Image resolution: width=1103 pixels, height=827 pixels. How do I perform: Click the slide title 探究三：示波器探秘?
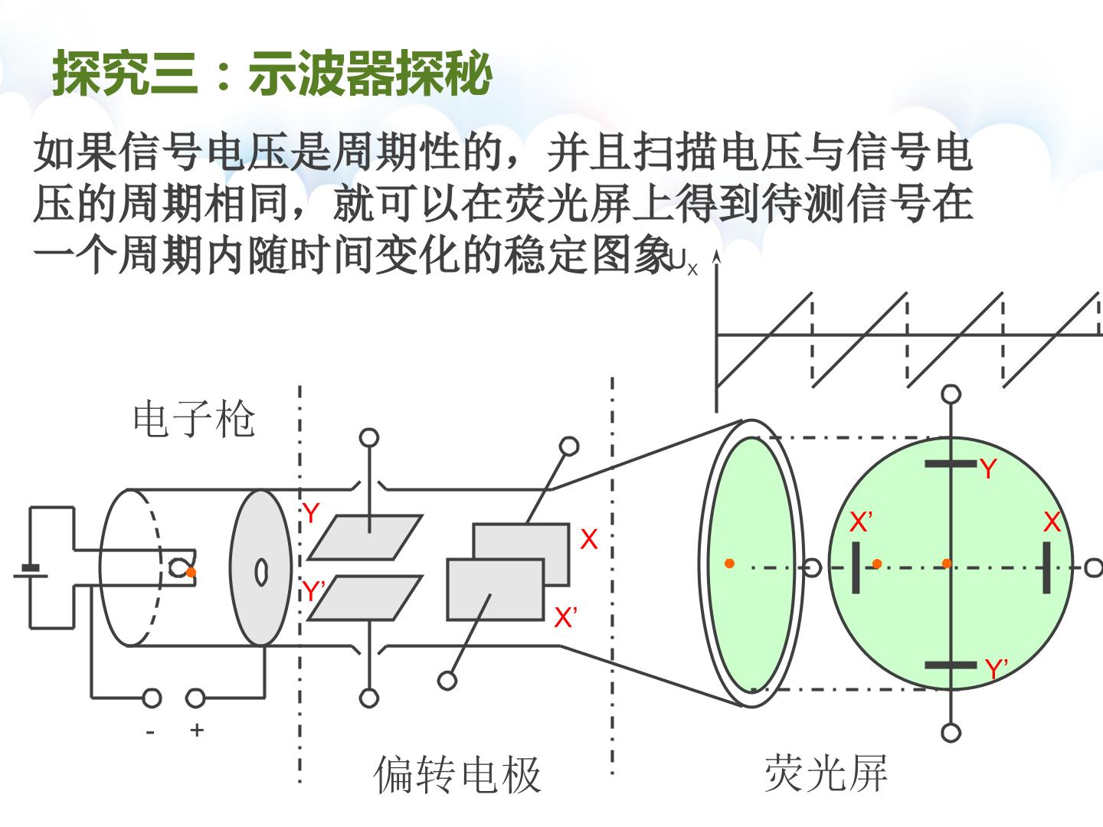click(272, 74)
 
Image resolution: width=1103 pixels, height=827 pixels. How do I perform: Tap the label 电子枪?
click(194, 419)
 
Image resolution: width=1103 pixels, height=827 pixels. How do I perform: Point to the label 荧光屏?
click(826, 773)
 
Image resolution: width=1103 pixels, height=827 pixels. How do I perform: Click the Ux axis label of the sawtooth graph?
click(683, 263)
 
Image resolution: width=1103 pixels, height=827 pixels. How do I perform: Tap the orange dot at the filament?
click(191, 573)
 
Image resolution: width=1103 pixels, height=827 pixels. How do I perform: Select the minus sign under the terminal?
click(150, 733)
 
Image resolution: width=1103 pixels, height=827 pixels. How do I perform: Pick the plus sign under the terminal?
click(197, 730)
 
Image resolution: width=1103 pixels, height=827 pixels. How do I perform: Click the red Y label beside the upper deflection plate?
click(310, 513)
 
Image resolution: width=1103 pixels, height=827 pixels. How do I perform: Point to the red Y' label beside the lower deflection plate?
click(313, 590)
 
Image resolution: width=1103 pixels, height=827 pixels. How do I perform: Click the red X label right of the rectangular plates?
click(589, 540)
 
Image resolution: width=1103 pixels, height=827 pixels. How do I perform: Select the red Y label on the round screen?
click(988, 469)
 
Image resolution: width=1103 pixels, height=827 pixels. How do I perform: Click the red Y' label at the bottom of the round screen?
click(996, 668)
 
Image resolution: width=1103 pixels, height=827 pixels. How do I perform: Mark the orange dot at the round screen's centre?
click(947, 564)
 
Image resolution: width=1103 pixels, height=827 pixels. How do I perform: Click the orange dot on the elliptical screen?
click(730, 564)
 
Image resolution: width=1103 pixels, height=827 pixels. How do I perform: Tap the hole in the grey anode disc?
click(261, 573)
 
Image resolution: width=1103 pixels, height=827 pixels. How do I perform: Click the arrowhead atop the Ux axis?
click(717, 257)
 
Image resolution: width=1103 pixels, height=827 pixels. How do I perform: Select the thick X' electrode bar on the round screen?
click(856, 567)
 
